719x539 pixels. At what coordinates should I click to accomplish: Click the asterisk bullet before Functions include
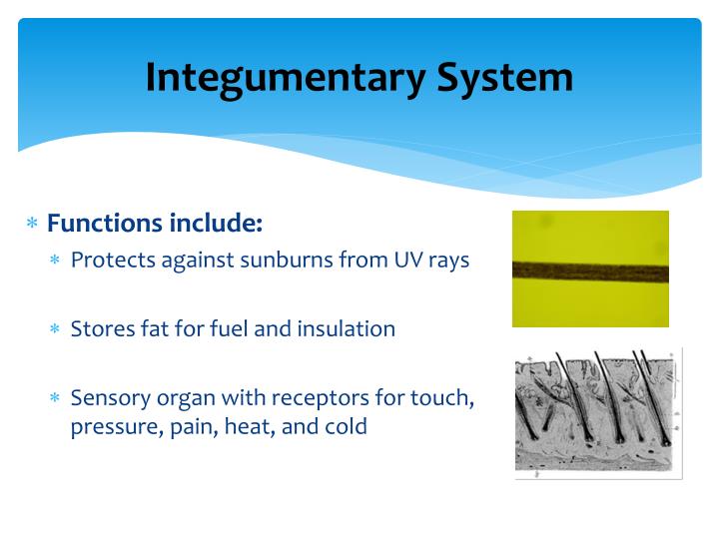[x=32, y=225]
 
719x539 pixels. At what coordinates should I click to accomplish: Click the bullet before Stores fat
[x=57, y=330]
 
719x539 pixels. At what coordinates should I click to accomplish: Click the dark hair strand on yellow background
[x=590, y=270]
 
